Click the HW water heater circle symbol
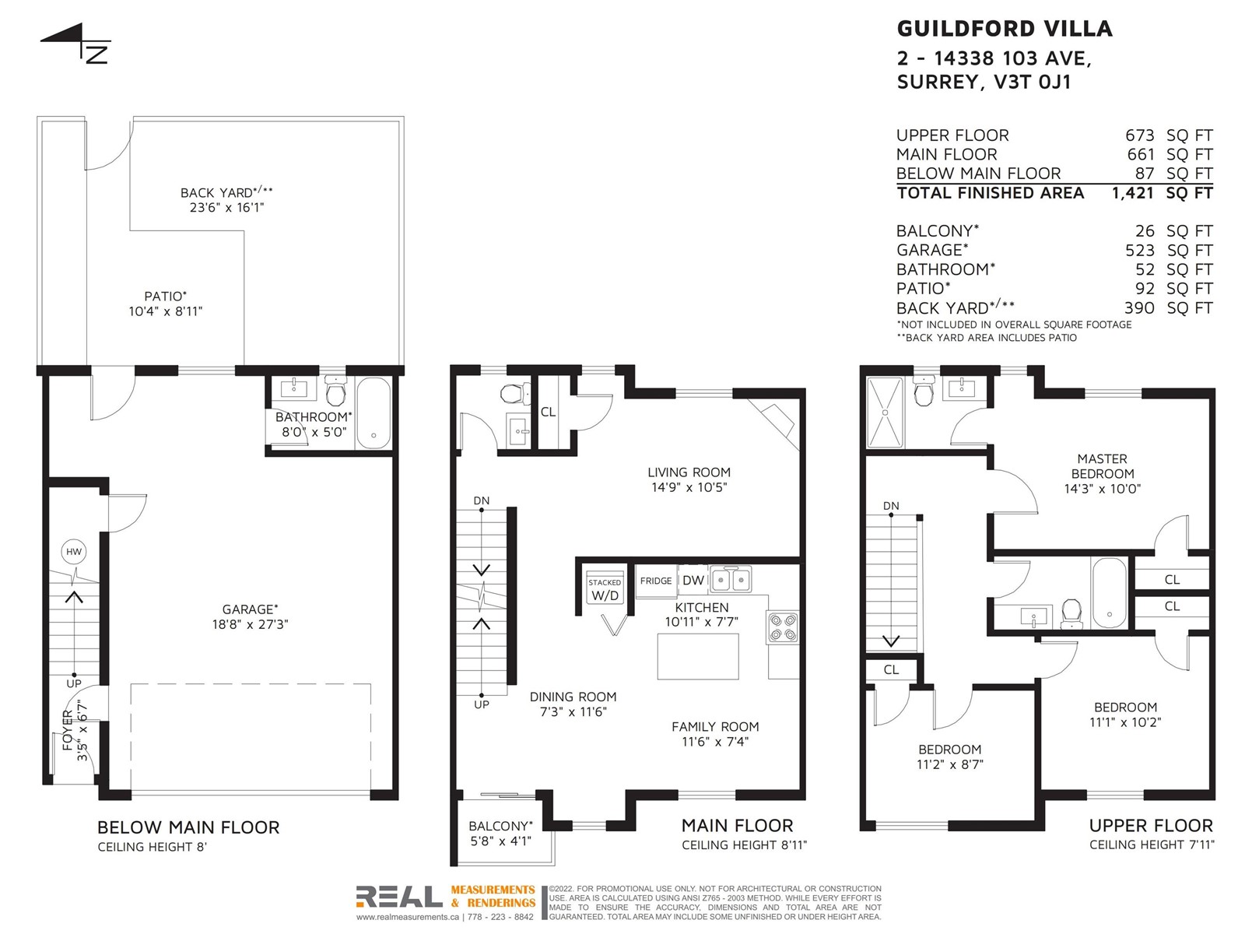point(74,551)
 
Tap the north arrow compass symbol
point(76,43)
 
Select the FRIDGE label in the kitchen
point(656,581)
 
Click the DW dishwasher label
point(693,580)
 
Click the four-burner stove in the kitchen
point(783,627)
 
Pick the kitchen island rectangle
point(698,656)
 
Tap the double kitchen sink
point(731,580)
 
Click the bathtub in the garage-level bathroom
point(373,413)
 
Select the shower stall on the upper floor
point(885,413)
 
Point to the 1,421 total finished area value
point(1133,193)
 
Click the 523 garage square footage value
point(1139,250)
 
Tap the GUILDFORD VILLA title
point(1005,29)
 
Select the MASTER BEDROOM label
point(1102,466)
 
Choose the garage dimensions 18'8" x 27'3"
point(250,623)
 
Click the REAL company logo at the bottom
point(399,897)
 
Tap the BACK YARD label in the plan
point(227,192)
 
